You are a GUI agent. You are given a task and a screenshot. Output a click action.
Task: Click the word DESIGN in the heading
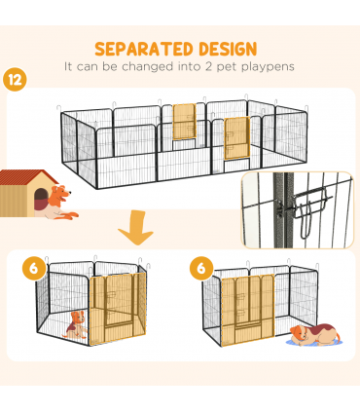(223, 48)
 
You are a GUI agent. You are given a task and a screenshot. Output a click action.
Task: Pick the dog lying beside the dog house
(60, 202)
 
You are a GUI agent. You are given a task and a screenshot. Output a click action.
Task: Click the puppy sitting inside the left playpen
(74, 324)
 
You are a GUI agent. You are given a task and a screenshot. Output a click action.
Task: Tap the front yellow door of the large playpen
(234, 140)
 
